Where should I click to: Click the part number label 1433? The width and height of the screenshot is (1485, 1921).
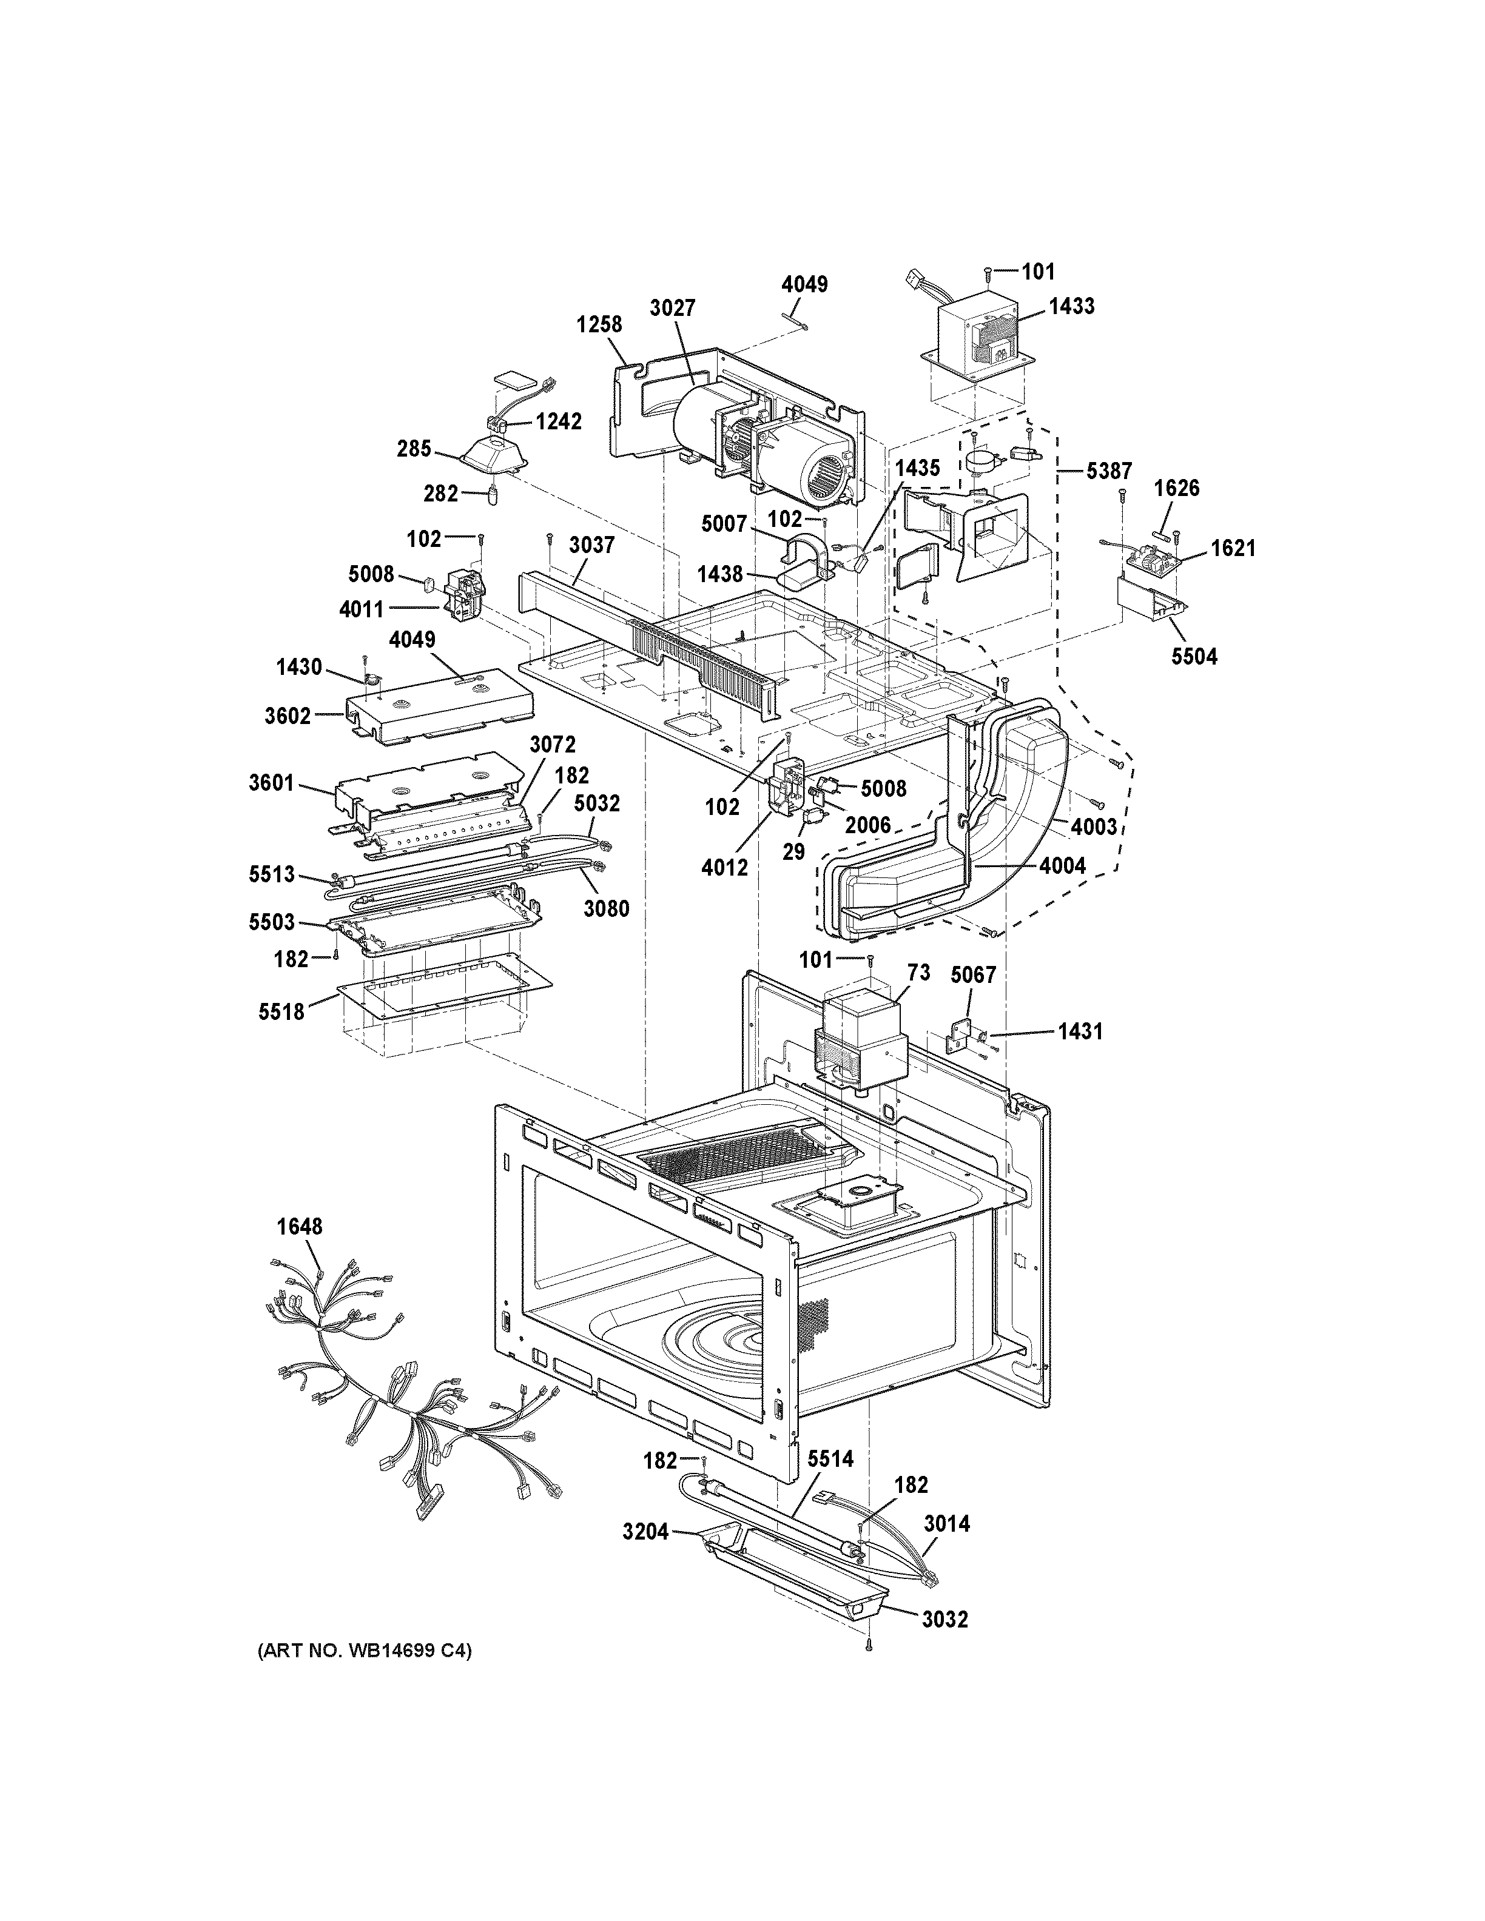(x=1071, y=306)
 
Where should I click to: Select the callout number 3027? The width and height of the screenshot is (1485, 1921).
(x=673, y=308)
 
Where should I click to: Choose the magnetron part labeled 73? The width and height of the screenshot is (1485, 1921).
(x=862, y=1042)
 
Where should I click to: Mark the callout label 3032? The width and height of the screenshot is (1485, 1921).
(x=945, y=1619)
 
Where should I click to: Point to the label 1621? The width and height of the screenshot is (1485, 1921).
(x=1233, y=549)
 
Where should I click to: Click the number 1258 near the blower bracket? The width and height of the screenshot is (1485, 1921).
(x=599, y=324)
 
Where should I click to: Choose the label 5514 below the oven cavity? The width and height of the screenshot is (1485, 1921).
(x=830, y=1459)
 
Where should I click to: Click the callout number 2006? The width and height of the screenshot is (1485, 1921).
(x=868, y=825)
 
